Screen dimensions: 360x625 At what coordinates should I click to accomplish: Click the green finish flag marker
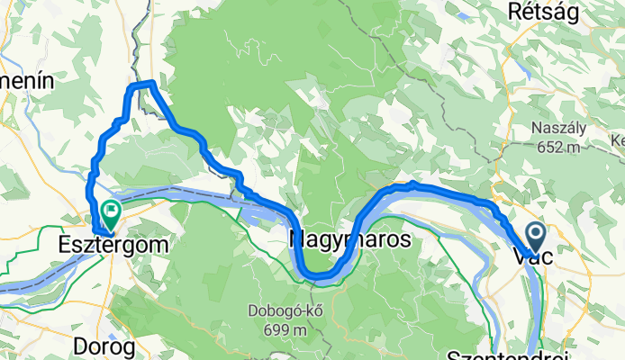[x=111, y=213]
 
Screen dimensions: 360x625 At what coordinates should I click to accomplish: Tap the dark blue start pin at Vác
[x=535, y=238]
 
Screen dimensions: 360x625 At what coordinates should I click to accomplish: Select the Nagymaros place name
[x=350, y=240]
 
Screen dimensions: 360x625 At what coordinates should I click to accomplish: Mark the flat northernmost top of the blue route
[x=144, y=84]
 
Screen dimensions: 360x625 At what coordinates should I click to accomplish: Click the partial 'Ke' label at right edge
[x=617, y=140]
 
